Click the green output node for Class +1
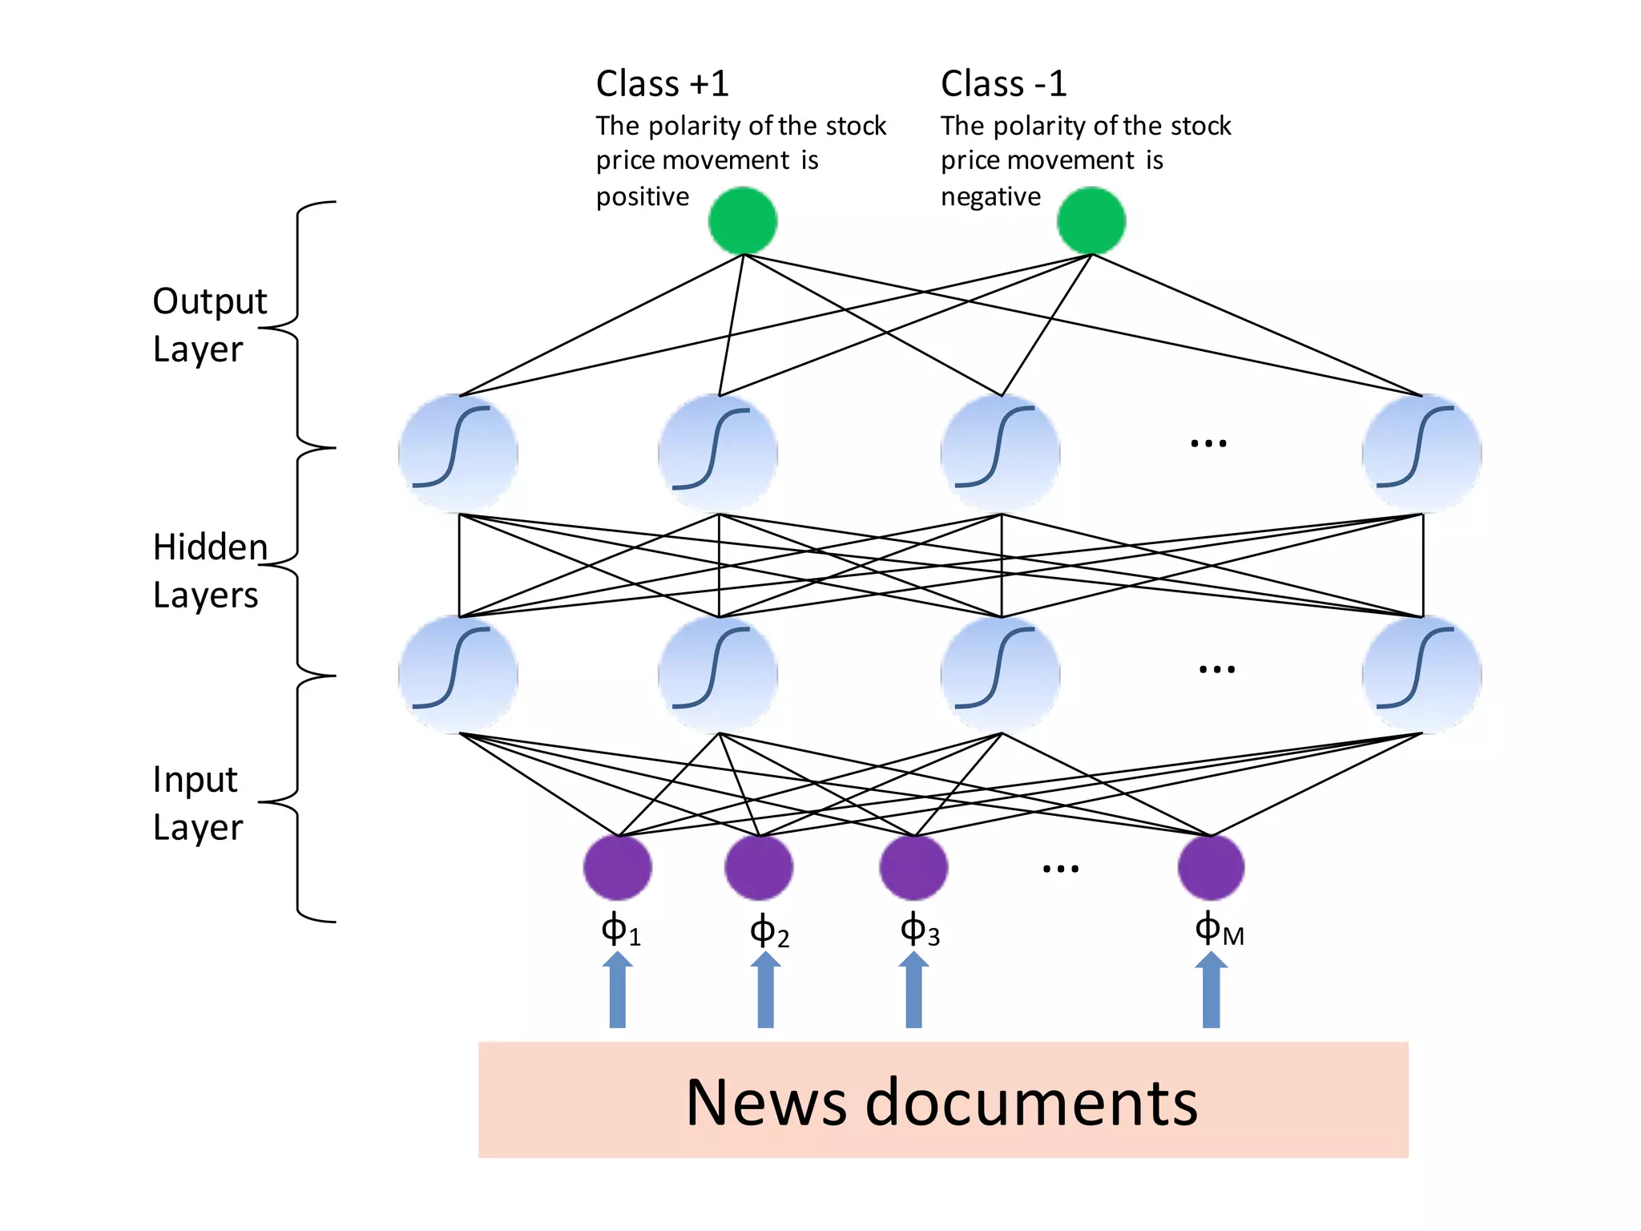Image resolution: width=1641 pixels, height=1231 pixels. tap(743, 220)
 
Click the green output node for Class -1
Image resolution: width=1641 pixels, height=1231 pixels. tap(1091, 220)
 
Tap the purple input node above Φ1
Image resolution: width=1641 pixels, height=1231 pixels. tap(617, 867)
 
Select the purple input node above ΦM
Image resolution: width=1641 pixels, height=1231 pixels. tap(1211, 867)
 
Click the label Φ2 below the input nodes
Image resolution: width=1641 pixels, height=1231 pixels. tap(768, 931)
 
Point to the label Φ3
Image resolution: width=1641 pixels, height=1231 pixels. tap(919, 931)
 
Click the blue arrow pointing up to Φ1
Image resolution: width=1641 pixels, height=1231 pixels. tap(617, 991)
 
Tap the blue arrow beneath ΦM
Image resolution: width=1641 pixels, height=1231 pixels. tap(1211, 991)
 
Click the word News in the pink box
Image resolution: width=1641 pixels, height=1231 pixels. tap(765, 1103)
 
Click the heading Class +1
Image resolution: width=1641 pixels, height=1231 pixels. tap(662, 83)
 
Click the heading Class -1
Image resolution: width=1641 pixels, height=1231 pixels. tap(1003, 83)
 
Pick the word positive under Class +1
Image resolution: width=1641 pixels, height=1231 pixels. tap(642, 197)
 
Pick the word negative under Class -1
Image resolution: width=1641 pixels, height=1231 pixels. tap(990, 197)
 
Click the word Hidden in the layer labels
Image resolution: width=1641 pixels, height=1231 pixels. tap(210, 547)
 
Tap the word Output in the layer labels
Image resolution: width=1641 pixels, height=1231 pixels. tap(209, 301)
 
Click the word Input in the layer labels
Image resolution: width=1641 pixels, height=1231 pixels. tap(195, 780)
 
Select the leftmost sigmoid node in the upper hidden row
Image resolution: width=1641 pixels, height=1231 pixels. tap(458, 453)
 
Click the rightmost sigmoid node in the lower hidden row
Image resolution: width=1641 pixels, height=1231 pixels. tap(1421, 675)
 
